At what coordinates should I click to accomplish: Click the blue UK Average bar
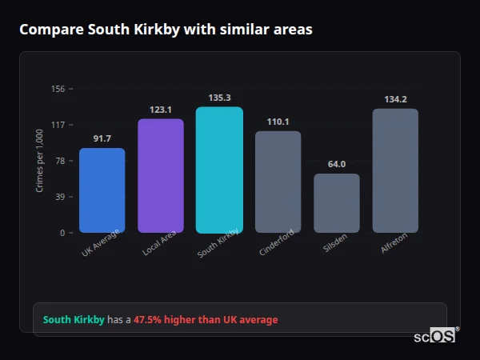point(102,190)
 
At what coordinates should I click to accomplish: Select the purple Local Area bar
point(161,176)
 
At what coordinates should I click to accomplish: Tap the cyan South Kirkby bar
point(219,170)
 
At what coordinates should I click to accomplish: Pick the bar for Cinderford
point(278,182)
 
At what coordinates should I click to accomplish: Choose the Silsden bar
point(337,203)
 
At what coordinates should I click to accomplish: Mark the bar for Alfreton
point(395,170)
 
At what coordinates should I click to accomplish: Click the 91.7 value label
point(102,139)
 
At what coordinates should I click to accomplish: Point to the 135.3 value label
point(219,98)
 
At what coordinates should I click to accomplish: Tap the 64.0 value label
point(337,164)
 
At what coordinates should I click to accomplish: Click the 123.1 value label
point(161,110)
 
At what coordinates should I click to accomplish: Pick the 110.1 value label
point(278,122)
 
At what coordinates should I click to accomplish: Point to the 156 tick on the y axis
point(58,89)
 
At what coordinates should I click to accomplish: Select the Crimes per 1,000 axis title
point(40,160)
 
